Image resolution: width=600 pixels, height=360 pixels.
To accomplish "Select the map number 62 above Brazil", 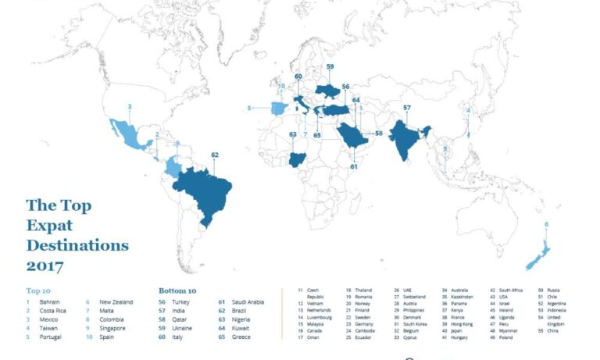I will point(215,155).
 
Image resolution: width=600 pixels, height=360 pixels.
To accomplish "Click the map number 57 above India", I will point(407,107).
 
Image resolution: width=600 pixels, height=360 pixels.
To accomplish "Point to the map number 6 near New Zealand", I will point(547,225).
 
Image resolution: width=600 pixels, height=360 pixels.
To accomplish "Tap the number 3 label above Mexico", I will point(130,106).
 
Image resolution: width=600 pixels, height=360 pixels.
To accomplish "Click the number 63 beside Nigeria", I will point(292,134).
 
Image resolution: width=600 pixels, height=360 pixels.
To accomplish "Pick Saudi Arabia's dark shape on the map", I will point(352,138).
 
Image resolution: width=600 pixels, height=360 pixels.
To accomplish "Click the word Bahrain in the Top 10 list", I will point(49,302).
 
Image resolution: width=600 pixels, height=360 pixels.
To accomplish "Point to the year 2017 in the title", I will point(45,266).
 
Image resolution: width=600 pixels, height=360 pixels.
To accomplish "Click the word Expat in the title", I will point(49,226).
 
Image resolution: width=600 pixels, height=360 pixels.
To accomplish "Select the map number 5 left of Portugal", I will point(249,108).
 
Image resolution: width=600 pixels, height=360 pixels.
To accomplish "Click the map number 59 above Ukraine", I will point(330,67).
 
